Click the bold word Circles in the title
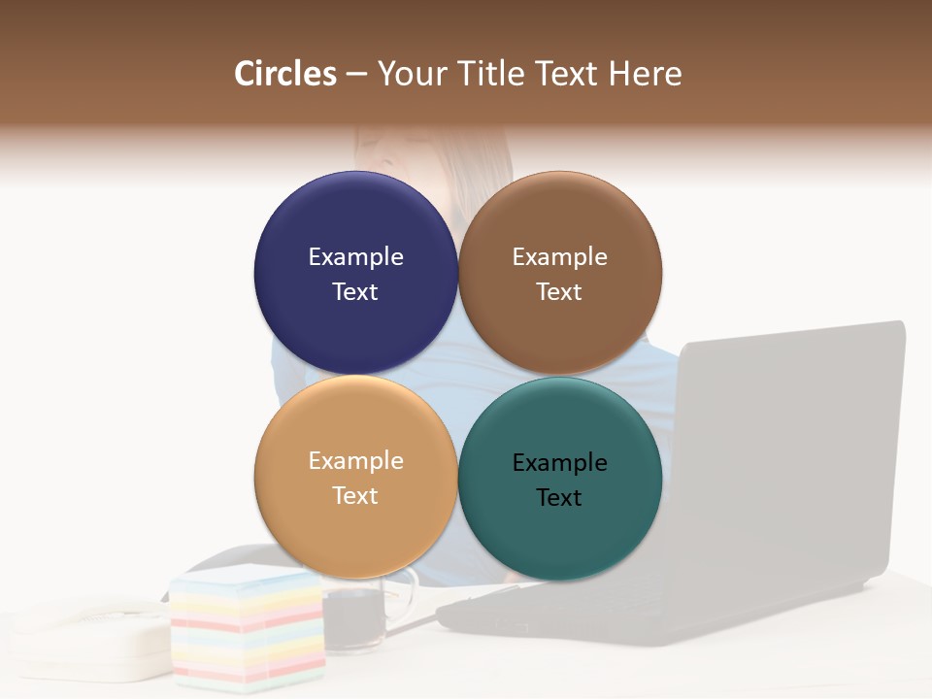[x=285, y=74]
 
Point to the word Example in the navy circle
[x=355, y=257]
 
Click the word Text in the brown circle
[x=559, y=292]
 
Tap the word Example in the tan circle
[x=355, y=461]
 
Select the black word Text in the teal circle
[x=559, y=498]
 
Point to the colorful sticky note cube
[x=248, y=626]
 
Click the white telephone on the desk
[x=92, y=636]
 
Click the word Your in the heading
[x=411, y=74]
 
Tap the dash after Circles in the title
[x=356, y=75]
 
